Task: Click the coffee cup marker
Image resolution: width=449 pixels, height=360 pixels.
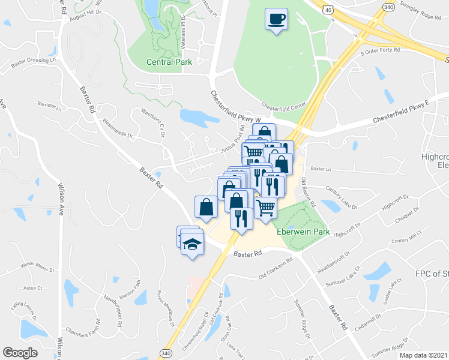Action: coord(276,20)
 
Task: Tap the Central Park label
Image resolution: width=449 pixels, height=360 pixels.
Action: coord(169,62)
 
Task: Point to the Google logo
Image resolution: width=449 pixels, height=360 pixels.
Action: coord(20,352)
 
